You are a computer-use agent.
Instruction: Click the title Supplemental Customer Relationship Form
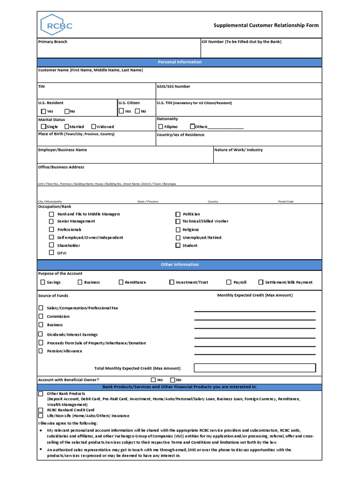[266, 25]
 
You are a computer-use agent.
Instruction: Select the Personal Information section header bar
[180, 62]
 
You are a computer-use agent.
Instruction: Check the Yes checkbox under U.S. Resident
[44, 112]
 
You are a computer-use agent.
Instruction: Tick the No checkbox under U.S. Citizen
[137, 111]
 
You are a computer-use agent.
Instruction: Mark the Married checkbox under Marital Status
[67, 127]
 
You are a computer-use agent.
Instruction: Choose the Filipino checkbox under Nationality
[161, 127]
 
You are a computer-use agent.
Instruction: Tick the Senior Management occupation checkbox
[52, 221]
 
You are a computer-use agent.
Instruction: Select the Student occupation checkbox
[178, 245]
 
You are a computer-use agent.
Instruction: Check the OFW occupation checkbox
[52, 253]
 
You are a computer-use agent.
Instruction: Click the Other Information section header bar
[180, 264]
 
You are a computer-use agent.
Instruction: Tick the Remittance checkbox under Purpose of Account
[121, 282]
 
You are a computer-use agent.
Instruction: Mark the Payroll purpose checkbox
[229, 282]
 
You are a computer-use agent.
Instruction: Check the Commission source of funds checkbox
[41, 316]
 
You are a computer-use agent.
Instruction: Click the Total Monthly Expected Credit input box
[255, 368]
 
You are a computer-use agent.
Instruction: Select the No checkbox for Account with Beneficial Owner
[172, 380]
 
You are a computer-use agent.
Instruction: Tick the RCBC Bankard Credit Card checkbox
[41, 410]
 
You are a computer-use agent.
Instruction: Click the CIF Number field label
[241, 42]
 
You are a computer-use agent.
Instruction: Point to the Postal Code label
[285, 202]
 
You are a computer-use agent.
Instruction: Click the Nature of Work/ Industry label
[238, 150]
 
